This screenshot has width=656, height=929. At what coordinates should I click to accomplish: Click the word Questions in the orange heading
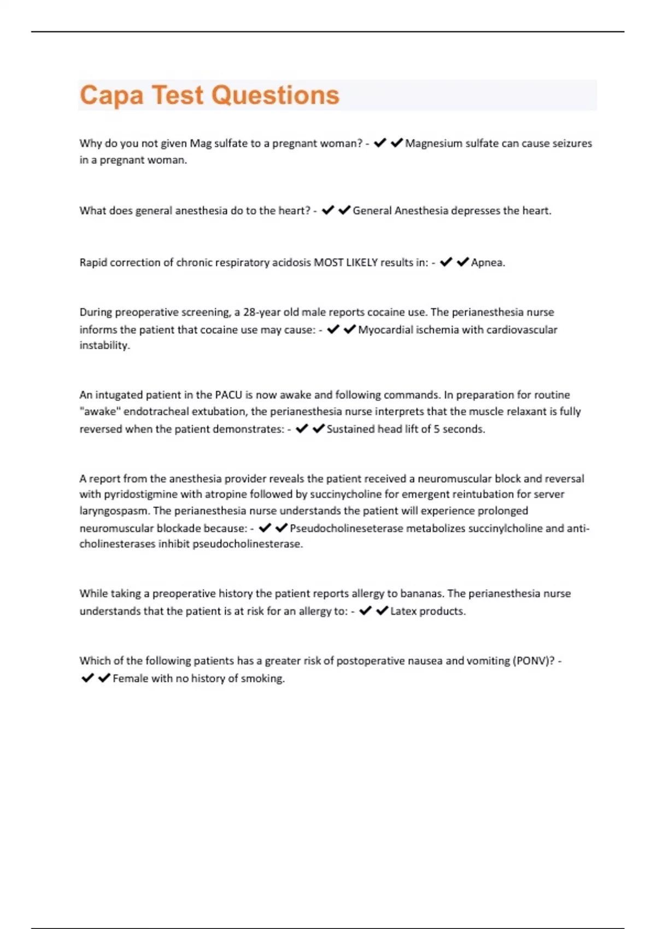click(x=275, y=96)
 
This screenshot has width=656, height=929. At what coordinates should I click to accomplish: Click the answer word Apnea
click(x=487, y=263)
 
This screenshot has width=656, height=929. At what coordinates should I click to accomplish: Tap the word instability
click(x=104, y=345)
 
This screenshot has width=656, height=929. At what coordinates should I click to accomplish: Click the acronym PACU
click(x=228, y=395)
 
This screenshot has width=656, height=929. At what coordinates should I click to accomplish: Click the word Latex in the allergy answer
click(x=403, y=612)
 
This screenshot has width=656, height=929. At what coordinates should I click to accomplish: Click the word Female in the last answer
click(x=130, y=679)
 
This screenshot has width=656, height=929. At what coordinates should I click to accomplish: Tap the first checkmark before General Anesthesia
click(x=328, y=210)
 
